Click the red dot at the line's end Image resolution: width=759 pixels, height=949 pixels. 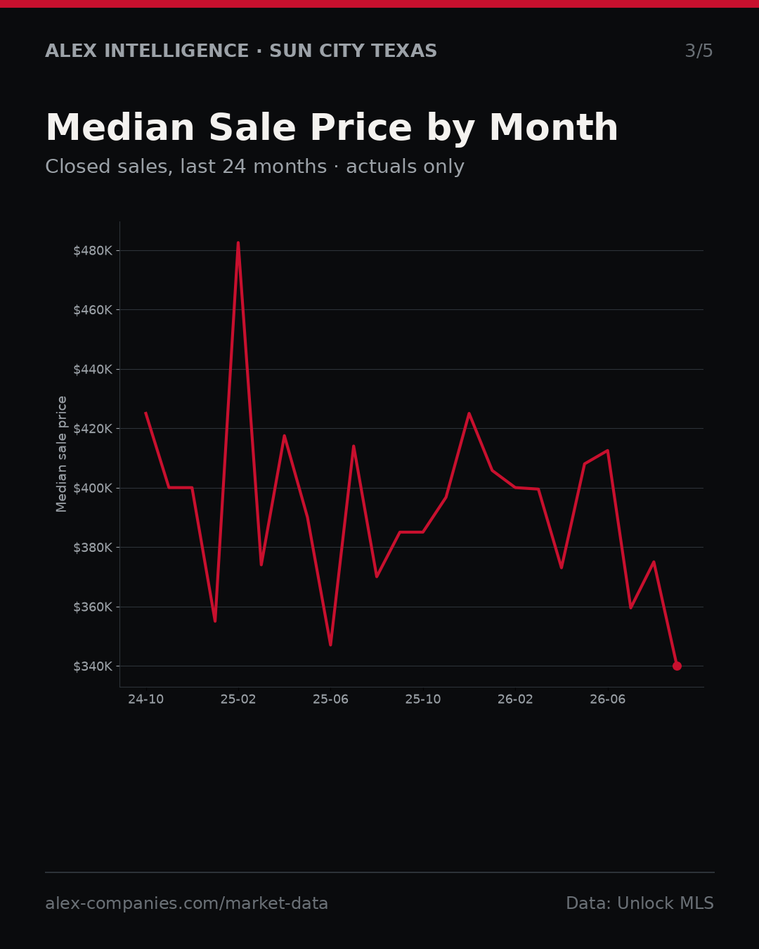point(677,666)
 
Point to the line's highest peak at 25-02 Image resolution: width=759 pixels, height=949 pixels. point(238,243)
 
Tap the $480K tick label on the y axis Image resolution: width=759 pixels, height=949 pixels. point(93,251)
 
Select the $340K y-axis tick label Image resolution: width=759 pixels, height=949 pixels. point(93,666)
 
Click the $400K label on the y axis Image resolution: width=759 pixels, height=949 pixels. point(93,488)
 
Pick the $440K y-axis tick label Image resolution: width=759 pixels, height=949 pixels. point(93,370)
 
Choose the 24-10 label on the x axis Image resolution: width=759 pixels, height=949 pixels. point(146,699)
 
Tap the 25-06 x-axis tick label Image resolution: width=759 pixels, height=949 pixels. point(331,699)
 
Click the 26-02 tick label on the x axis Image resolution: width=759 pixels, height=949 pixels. point(516,699)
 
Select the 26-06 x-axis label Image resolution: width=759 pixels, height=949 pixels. point(608,699)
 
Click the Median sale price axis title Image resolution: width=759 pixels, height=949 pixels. point(61,454)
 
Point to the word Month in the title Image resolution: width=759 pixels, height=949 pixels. point(554,128)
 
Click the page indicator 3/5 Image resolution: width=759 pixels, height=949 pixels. point(699,51)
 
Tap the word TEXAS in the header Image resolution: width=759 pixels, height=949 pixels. point(404,51)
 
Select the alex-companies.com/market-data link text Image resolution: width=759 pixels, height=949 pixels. point(187,903)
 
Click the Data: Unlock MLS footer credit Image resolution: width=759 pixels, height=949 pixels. point(640,903)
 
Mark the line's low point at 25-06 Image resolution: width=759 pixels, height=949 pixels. point(331,645)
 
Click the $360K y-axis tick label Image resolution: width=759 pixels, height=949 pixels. point(93,607)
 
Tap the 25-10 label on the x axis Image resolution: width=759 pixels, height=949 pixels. point(423,699)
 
